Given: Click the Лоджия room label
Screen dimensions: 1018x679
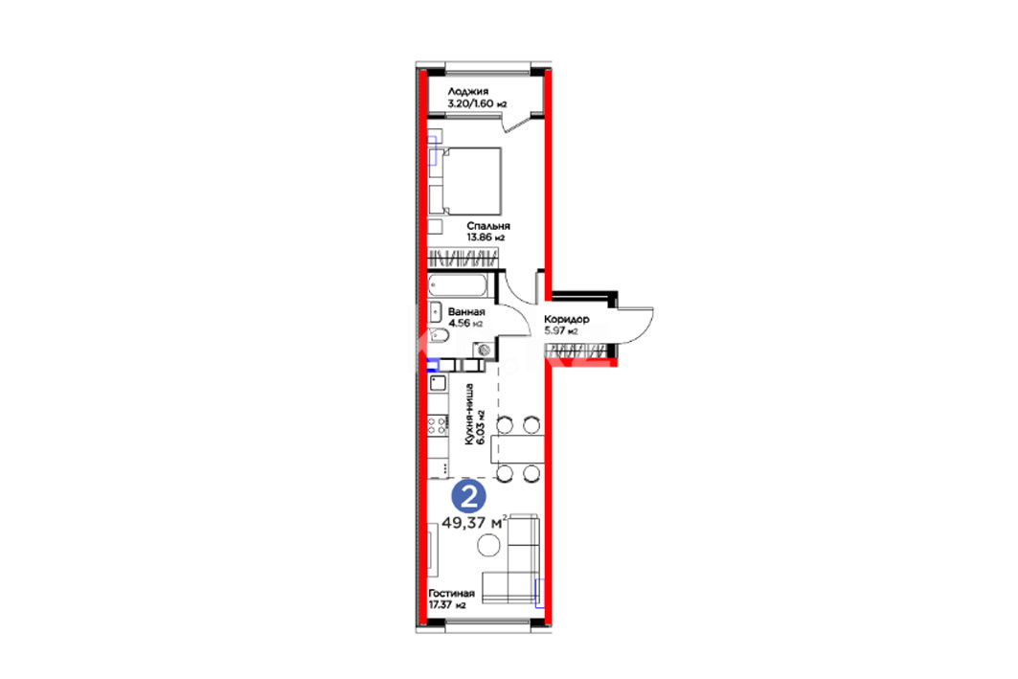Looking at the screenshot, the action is pyautogui.click(x=467, y=92).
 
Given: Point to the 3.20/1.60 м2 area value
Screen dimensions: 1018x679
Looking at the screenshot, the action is pyautogui.click(x=477, y=103).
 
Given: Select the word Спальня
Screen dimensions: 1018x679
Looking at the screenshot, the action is pyautogui.click(x=488, y=226).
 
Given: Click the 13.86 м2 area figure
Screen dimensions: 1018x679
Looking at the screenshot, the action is pyautogui.click(x=486, y=238).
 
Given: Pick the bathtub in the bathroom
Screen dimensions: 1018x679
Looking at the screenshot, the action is pyautogui.click(x=457, y=285).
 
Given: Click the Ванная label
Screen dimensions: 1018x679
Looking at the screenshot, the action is pyautogui.click(x=466, y=311).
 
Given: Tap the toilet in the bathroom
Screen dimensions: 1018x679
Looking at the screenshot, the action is pyautogui.click(x=439, y=335).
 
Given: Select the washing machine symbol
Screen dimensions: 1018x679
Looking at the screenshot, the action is pyautogui.click(x=483, y=350).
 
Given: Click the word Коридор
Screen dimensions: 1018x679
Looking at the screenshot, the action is pyautogui.click(x=567, y=319).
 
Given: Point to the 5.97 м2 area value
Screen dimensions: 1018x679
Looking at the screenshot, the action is pyautogui.click(x=561, y=331).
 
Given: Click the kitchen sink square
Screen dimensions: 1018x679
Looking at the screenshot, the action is pyautogui.click(x=439, y=382).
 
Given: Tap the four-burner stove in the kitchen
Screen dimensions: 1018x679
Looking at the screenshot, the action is pyautogui.click(x=437, y=426).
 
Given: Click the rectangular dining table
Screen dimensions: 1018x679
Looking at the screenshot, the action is pyautogui.click(x=517, y=449).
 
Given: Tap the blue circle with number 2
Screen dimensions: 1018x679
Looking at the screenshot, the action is pyautogui.click(x=468, y=497).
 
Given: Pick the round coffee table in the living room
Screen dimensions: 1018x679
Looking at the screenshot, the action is pyautogui.click(x=488, y=545).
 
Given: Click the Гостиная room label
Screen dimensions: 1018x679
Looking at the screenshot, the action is pyautogui.click(x=451, y=594).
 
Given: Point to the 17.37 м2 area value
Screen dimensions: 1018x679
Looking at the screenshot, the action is pyautogui.click(x=447, y=605).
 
